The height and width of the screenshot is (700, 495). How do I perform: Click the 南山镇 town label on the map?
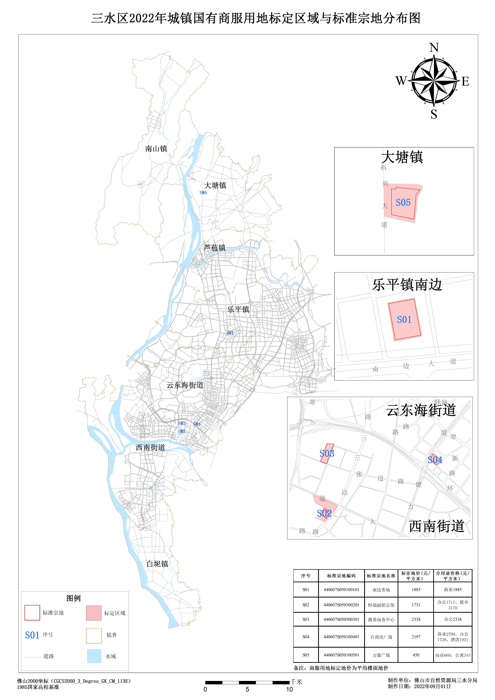pos(156,149)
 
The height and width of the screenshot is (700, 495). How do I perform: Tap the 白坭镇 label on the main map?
pos(157,564)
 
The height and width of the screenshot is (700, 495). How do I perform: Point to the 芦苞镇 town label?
pos(215,248)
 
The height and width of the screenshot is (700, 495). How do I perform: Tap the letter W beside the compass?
pos(401,81)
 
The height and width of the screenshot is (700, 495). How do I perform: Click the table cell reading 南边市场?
pos(381,590)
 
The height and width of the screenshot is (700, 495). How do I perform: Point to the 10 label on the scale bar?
pos(289,689)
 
